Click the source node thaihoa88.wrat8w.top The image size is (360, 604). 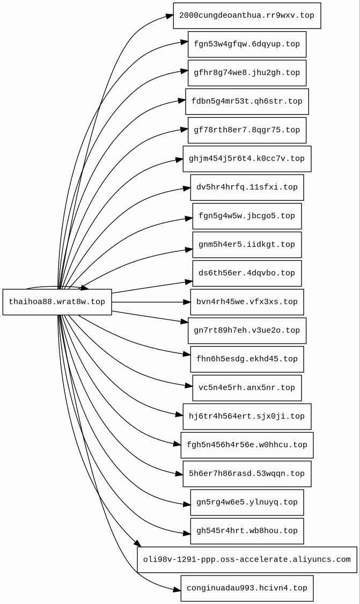click(57, 302)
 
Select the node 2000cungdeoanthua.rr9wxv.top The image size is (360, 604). click(247, 16)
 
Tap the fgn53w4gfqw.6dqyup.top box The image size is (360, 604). click(247, 44)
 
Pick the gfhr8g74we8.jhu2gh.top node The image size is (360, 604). click(247, 73)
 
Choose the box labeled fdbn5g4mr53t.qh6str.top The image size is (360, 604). click(247, 101)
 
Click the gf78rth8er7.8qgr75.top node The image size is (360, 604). click(247, 130)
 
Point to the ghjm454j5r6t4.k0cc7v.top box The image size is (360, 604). click(247, 159)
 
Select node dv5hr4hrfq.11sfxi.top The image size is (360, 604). click(247, 187)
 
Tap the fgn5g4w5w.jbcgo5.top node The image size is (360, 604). click(247, 216)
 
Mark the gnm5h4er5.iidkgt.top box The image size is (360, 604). click(247, 244)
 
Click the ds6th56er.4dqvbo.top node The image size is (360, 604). click(247, 273)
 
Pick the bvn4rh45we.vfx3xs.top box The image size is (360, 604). click(247, 302)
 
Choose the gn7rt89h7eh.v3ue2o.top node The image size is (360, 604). click(247, 330)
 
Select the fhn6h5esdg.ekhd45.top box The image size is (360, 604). click(247, 359)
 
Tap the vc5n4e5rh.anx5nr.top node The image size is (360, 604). click(247, 388)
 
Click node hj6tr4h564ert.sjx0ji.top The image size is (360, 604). click(247, 417)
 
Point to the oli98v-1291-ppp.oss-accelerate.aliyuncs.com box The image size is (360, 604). click(247, 559)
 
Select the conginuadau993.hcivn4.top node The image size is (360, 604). click(247, 588)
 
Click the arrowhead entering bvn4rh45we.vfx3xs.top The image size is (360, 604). click(186, 302)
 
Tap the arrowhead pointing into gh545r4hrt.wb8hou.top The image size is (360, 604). click(186, 534)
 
